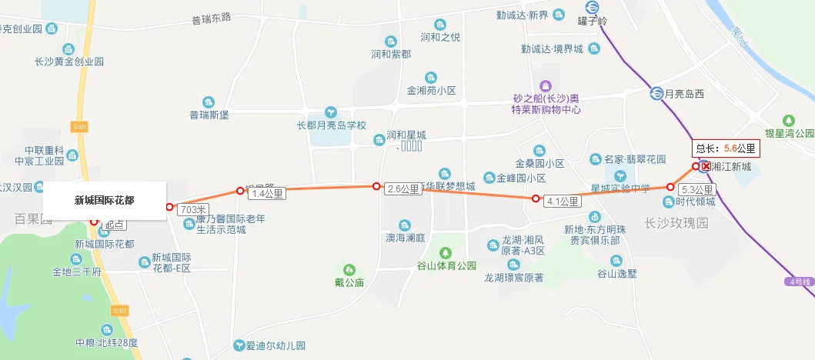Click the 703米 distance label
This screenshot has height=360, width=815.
tap(193, 209)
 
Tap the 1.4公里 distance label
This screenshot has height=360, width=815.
tap(269, 194)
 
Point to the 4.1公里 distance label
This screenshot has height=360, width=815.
tap(563, 202)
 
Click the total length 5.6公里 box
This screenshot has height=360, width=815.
tap(726, 148)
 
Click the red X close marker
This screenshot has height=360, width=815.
tap(706, 165)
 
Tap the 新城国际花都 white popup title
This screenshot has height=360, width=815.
tap(104, 201)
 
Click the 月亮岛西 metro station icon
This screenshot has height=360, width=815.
tap(656, 94)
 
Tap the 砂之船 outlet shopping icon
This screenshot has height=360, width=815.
tap(546, 85)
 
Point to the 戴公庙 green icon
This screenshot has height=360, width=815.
tap(349, 269)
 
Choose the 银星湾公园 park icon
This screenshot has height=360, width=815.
tap(788, 120)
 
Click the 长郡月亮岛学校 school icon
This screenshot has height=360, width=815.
tap(331, 112)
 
